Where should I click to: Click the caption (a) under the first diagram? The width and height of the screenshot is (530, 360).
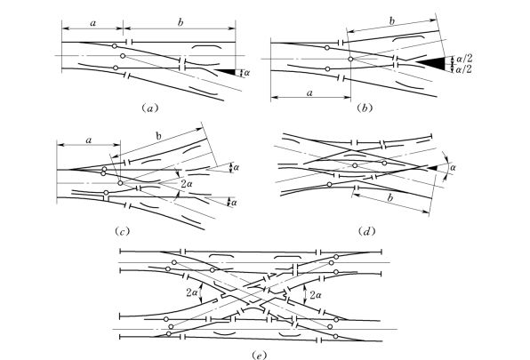pos(149,108)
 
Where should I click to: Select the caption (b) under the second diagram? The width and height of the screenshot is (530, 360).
pos(365,108)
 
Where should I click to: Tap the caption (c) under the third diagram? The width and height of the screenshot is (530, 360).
pos(122,231)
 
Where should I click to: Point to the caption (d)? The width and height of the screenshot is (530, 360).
pos(366,231)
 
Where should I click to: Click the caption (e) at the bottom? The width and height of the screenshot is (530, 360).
pos(260,355)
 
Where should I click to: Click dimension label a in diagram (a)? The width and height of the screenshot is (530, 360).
pos(93,23)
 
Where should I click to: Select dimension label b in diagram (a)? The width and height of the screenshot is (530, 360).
pos(181,22)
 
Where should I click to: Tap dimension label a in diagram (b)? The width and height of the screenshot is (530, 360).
pos(309,92)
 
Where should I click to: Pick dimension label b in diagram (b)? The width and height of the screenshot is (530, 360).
pos(392,21)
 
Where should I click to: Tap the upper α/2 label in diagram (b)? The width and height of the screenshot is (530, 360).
pos(464,59)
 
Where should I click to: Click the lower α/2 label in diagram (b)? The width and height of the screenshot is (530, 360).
pos(464,69)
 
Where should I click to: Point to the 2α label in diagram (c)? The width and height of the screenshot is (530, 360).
pos(188,184)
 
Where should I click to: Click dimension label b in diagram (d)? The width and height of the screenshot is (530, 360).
pos(389,198)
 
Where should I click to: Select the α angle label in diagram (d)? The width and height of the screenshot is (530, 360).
pos(453,167)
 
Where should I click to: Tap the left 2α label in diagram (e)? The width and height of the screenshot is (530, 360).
pos(192,292)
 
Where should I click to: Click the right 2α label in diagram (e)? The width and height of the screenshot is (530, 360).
pos(315,295)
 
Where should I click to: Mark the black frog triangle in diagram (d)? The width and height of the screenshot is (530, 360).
pos(433,167)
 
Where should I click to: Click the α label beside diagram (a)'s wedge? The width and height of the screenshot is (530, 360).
pos(246,72)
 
